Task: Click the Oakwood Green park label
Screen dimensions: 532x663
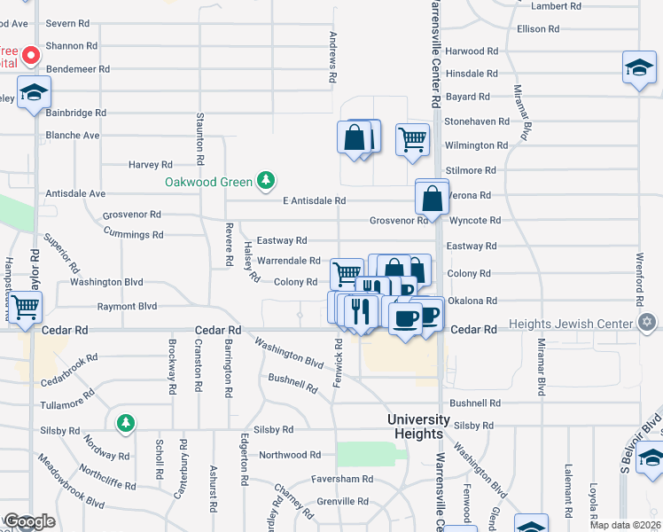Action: [x=208, y=183]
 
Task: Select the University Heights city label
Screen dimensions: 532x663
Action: [x=415, y=426]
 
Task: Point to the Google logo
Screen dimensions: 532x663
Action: [x=29, y=521]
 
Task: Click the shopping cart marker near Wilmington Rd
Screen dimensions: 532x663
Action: [x=412, y=139]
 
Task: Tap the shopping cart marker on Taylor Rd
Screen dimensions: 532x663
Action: [x=27, y=307]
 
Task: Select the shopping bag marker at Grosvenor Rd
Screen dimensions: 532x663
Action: [x=433, y=198]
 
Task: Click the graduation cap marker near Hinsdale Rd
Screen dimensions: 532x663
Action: [x=637, y=68]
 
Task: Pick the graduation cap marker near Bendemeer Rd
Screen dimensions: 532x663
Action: [x=34, y=93]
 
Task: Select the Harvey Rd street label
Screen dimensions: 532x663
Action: [x=150, y=164]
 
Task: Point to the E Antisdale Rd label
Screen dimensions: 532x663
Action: [x=314, y=201]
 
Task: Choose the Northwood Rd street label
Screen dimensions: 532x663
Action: [x=290, y=455]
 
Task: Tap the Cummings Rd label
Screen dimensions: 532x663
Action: [x=133, y=235]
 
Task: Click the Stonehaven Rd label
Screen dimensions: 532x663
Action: [x=477, y=121]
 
